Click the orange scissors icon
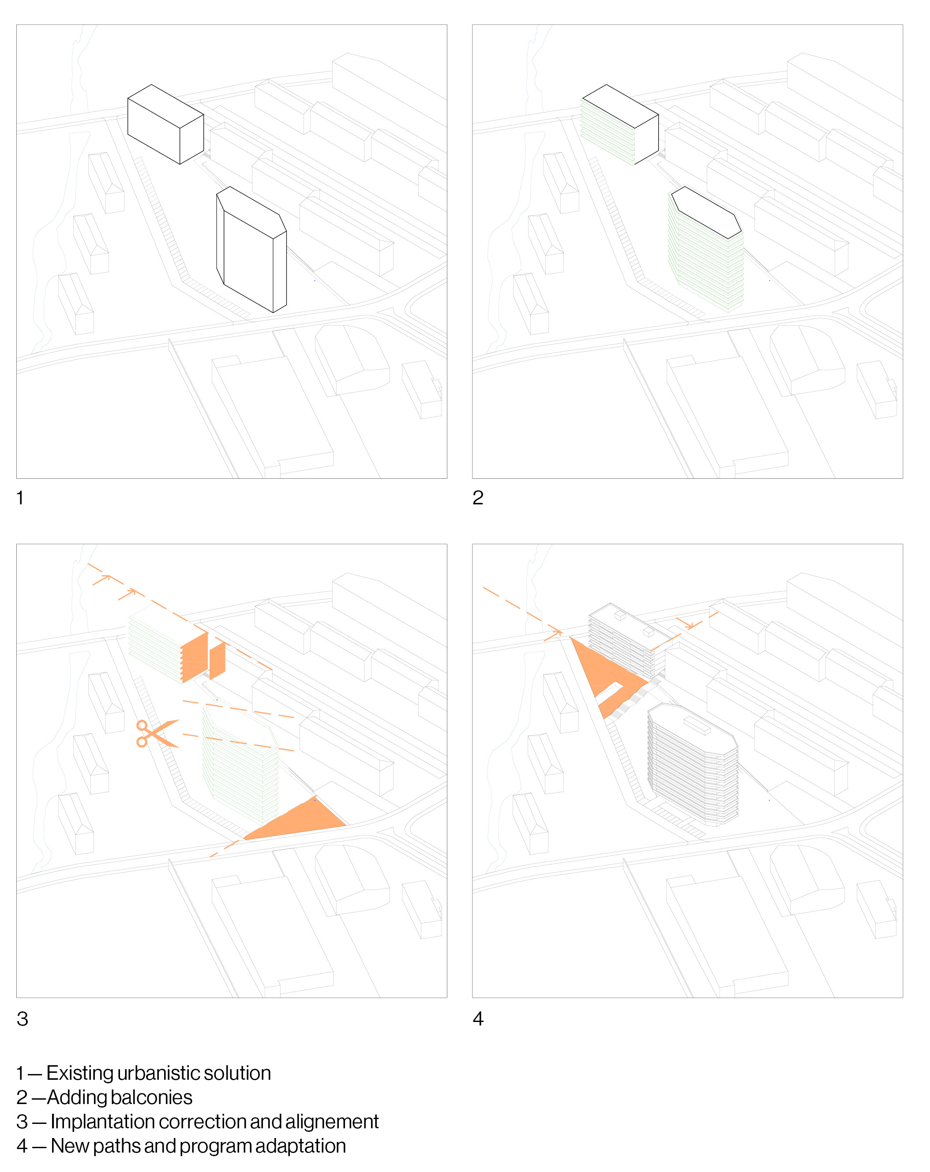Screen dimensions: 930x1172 [157, 734]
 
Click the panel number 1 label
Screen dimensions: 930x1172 [20, 498]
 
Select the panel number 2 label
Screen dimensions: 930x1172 [478, 498]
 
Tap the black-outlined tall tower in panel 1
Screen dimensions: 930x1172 [251, 250]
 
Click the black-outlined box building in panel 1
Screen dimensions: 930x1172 [165, 124]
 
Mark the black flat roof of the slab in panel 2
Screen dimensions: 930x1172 [620, 106]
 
